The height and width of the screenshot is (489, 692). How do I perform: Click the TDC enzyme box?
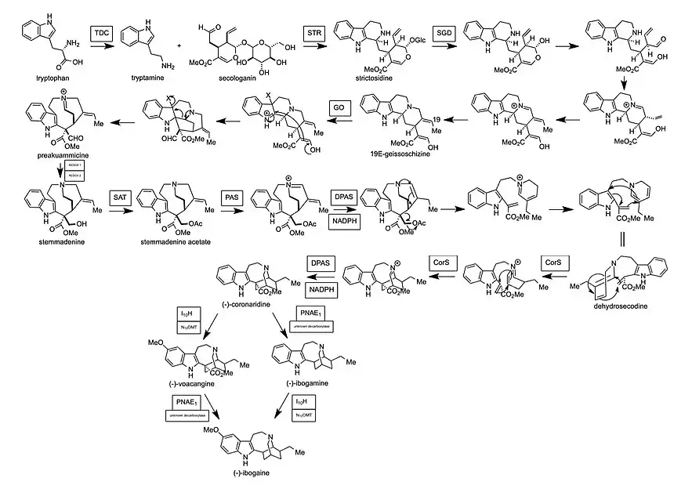click(100, 34)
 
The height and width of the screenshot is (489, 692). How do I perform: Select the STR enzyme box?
click(313, 34)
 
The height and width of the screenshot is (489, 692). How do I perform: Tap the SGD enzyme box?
click(444, 34)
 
